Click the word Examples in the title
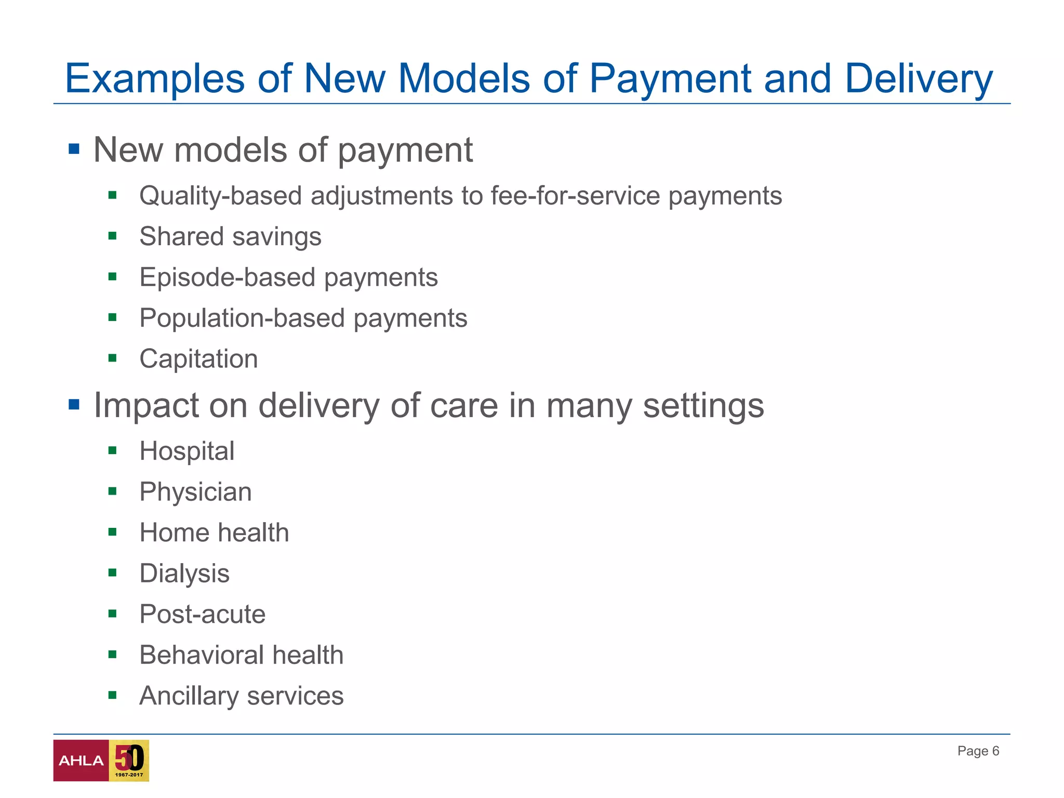(x=154, y=79)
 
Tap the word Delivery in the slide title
(x=919, y=79)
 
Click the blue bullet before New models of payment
(x=74, y=150)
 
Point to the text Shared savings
(x=230, y=237)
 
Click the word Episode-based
(x=228, y=277)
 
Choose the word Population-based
(x=242, y=318)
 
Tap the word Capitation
(x=198, y=359)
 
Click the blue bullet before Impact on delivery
(x=74, y=404)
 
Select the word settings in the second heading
(x=703, y=405)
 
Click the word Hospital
(x=187, y=451)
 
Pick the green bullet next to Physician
(x=112, y=491)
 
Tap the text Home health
(x=214, y=533)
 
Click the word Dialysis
(x=184, y=574)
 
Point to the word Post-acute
(x=203, y=614)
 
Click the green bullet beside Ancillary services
(x=112, y=695)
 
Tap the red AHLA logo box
(x=81, y=761)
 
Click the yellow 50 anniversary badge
(x=129, y=761)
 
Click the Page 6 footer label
(x=978, y=751)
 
